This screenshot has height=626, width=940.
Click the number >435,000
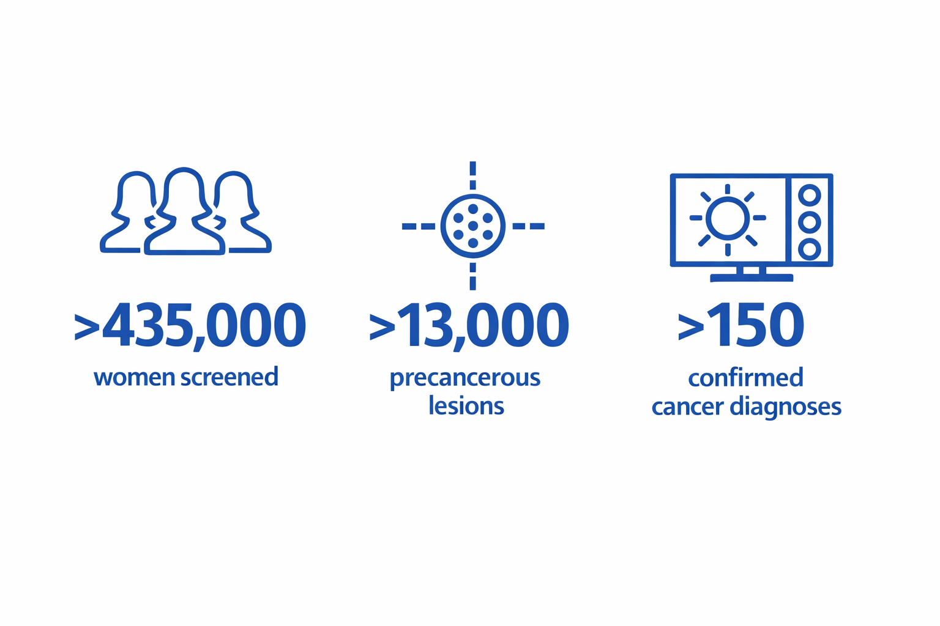pyautogui.click(x=190, y=326)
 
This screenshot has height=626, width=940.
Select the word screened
pyautogui.click(x=229, y=377)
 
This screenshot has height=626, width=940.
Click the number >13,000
pyautogui.click(x=469, y=326)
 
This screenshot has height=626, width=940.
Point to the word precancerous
pyautogui.click(x=465, y=379)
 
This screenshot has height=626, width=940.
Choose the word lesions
pyautogui.click(x=466, y=405)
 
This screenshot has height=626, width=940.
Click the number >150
pyautogui.click(x=740, y=325)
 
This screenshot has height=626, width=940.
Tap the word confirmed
pyautogui.click(x=746, y=377)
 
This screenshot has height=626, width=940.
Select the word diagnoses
pyautogui.click(x=786, y=407)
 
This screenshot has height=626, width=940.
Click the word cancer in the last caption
pyautogui.click(x=688, y=408)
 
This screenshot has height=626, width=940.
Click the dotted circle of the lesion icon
pyautogui.click(x=472, y=194)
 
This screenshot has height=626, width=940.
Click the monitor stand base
pyautogui.click(x=751, y=278)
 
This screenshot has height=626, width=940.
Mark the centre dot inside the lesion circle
pyautogui.click(x=473, y=226)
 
